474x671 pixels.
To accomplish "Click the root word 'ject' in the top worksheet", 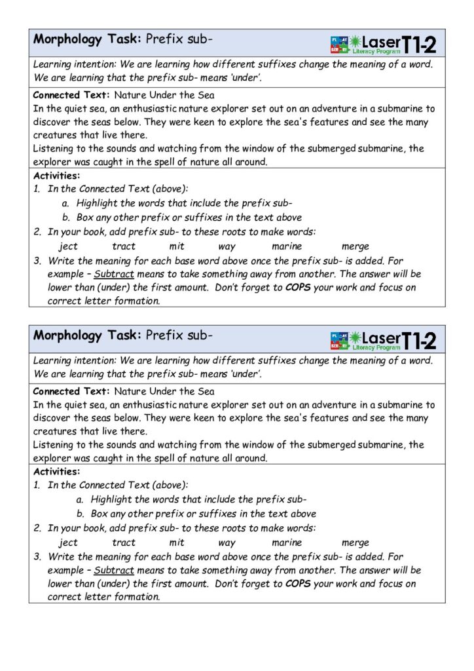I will coord(68,246).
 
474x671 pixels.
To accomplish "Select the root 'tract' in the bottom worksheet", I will coord(124,543).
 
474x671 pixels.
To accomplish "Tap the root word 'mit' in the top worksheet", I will coord(177,246).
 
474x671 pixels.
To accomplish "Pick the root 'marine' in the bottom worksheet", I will coord(287,543).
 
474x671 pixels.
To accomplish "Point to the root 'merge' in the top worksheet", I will coord(355,247).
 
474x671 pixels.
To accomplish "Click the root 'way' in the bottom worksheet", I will coord(227,543).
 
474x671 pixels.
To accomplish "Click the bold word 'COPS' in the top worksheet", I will coord(299,288).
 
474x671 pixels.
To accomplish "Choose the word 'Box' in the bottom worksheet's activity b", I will coord(99,514).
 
